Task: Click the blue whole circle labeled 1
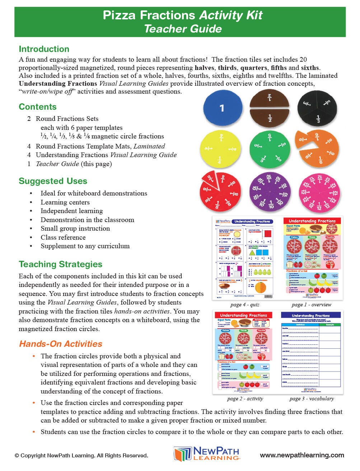[x=221, y=108]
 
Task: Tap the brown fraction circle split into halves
[x=270, y=108]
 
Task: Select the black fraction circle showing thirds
[x=318, y=108]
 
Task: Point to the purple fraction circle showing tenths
[x=269, y=192]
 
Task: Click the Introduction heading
[x=44, y=49]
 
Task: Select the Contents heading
[x=38, y=107]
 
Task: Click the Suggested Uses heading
[x=53, y=181]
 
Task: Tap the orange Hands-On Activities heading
[x=61, y=344]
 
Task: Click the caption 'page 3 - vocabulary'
[x=312, y=399]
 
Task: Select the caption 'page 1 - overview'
[x=311, y=305]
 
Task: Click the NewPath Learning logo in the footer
[x=207, y=454]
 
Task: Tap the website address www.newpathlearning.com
[x=302, y=455]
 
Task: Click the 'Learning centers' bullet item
[x=65, y=202]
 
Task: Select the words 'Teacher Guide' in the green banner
[x=183, y=29]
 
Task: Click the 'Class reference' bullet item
[x=63, y=237]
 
